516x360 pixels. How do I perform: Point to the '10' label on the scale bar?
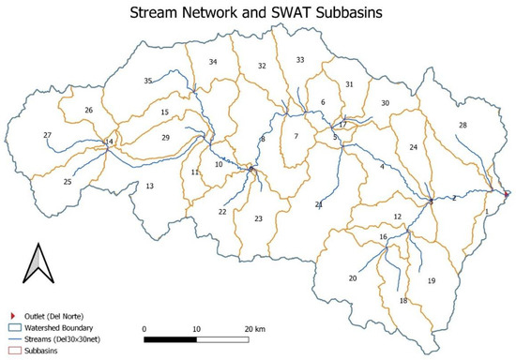pyautogui.click(x=196, y=329)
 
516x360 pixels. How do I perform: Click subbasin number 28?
pyautogui.click(x=463, y=126)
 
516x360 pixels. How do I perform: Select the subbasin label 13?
pyautogui.click(x=149, y=187)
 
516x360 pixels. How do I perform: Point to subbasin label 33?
pyautogui.click(x=300, y=60)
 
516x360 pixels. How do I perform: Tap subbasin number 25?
pyautogui.click(x=67, y=182)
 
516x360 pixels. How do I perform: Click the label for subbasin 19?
pyautogui.click(x=432, y=281)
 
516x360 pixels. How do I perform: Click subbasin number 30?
pyautogui.click(x=385, y=102)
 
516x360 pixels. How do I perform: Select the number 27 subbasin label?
pyautogui.click(x=47, y=136)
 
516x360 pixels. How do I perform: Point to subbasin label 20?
pyautogui.click(x=353, y=278)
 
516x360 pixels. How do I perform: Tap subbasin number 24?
pyautogui.click(x=414, y=148)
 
